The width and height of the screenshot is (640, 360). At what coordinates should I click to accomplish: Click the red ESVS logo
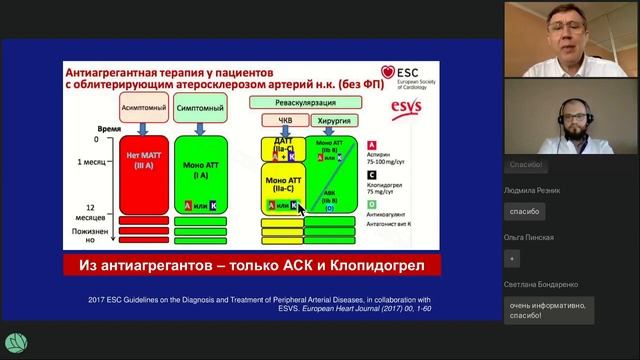(394, 110)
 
